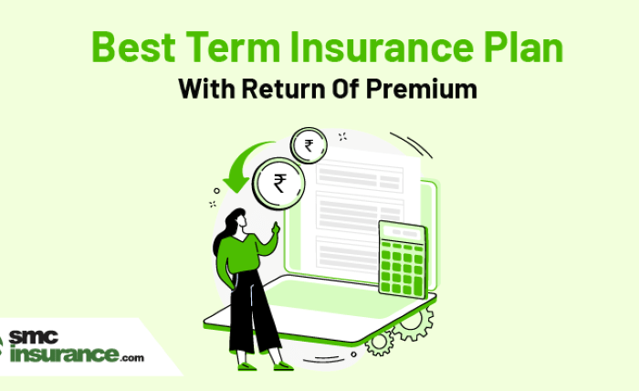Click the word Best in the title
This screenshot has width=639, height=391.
coord(133,47)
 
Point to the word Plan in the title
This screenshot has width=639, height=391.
coord(524,47)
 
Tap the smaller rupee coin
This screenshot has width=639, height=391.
coord(309,145)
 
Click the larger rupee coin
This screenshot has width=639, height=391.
coord(278,184)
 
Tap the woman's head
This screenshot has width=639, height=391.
coord(237,222)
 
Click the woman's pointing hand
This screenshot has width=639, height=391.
coord(277,227)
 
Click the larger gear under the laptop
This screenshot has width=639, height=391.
coord(413,322)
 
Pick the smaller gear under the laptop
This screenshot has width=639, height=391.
coord(379,342)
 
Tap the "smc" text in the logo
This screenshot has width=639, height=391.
coord(34,337)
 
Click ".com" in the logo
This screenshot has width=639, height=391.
coord(132,358)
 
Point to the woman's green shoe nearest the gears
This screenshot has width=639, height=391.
coord(284,365)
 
